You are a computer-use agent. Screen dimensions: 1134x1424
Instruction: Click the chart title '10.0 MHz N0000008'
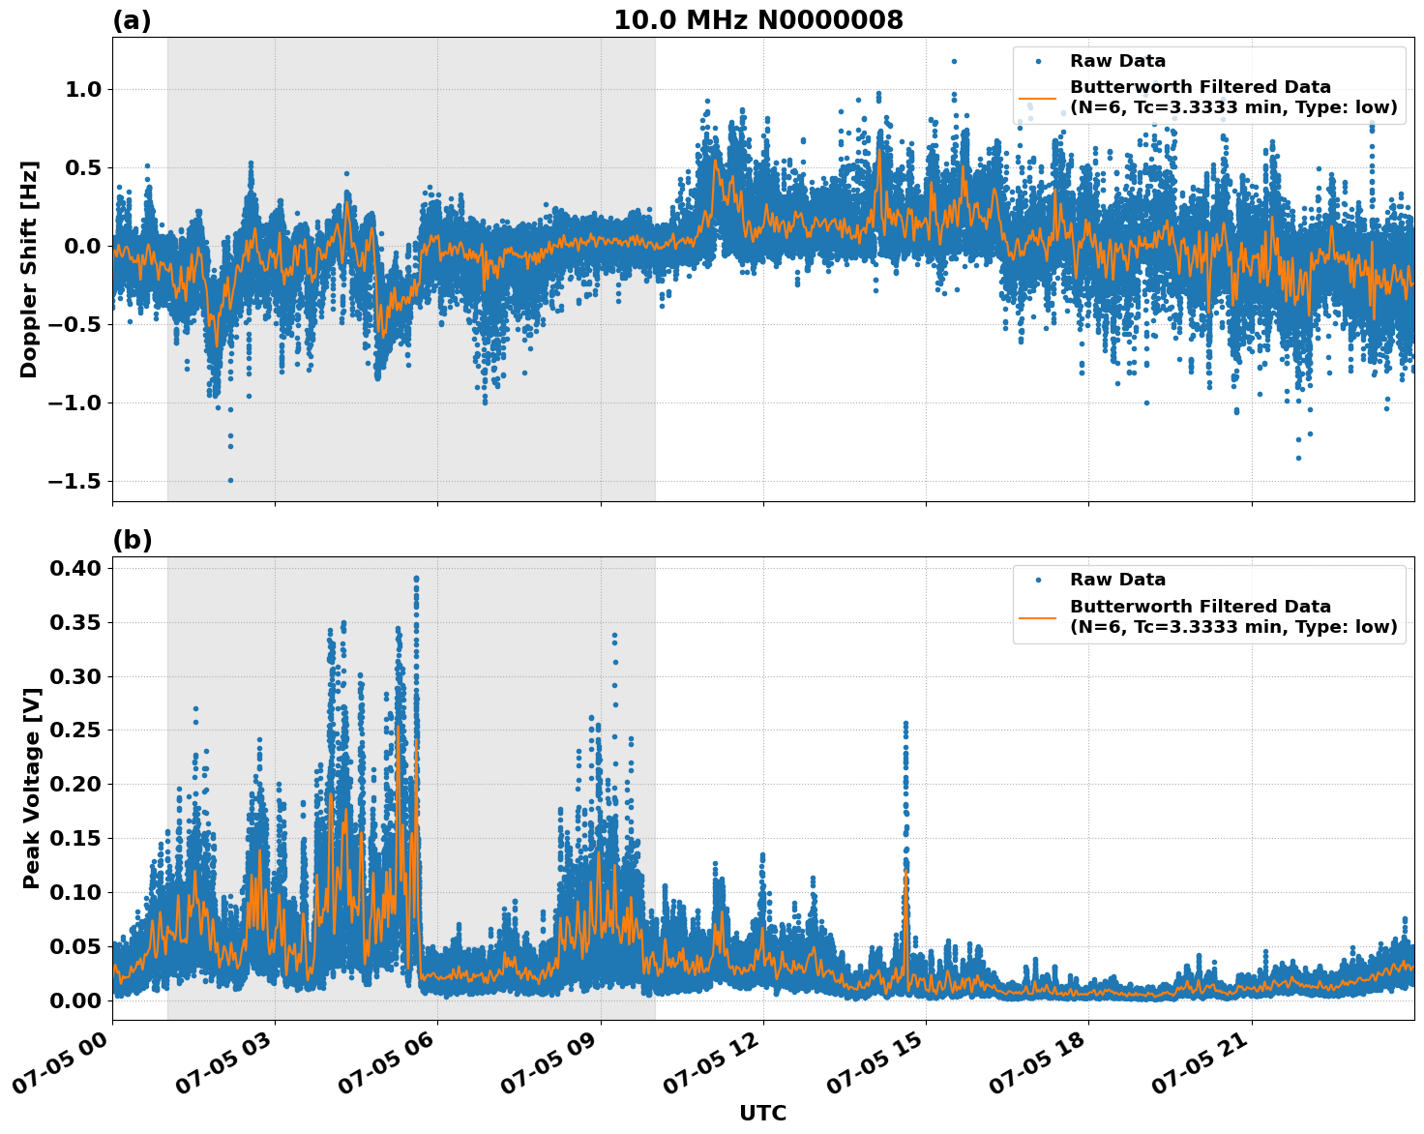(x=758, y=20)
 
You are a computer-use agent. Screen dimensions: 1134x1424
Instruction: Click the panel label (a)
(x=132, y=20)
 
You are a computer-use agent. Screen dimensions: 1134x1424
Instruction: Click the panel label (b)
(x=132, y=540)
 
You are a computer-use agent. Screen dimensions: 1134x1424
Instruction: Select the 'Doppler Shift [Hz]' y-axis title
(x=29, y=269)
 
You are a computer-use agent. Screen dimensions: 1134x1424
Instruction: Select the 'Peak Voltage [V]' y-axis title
(x=32, y=809)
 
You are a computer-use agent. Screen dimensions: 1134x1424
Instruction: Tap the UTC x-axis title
(x=762, y=1113)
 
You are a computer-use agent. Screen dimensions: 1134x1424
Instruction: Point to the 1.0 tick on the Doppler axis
(x=81, y=90)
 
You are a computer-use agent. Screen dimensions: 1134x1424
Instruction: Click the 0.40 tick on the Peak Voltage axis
(x=75, y=569)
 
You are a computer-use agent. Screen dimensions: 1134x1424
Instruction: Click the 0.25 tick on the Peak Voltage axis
(x=75, y=731)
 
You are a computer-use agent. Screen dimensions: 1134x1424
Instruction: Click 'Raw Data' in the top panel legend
(x=1117, y=61)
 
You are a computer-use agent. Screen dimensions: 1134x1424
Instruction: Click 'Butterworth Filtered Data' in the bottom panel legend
(x=1200, y=607)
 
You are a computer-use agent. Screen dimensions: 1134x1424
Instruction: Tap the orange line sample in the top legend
(x=1039, y=98)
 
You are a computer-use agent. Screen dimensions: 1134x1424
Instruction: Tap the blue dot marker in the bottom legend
(x=1039, y=581)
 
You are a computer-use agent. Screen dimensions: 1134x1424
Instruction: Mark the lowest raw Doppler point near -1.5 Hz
(x=230, y=480)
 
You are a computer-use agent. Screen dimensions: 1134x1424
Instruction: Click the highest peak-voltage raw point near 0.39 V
(x=416, y=579)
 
